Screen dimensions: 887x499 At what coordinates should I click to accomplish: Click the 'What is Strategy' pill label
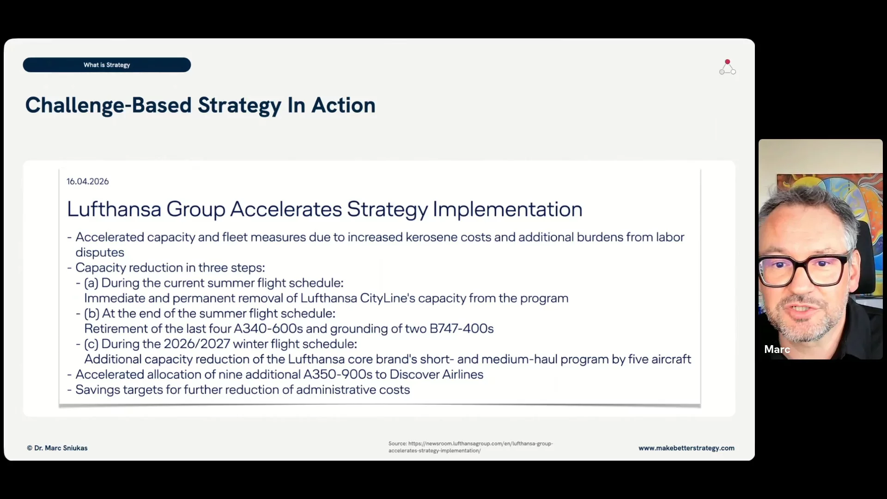107,65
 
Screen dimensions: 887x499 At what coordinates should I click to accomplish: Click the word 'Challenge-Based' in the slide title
108,106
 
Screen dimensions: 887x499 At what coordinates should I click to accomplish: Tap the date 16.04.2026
88,182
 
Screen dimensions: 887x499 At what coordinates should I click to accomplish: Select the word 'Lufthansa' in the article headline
114,209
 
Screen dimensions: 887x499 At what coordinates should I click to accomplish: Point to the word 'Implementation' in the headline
507,210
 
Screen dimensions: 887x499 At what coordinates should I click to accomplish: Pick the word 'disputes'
100,253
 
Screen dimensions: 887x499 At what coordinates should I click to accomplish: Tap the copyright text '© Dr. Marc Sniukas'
57,448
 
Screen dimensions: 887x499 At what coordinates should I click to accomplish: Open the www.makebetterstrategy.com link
687,448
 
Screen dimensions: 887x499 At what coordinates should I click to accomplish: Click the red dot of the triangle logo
728,62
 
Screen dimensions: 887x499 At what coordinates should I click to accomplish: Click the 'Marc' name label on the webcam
777,349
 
